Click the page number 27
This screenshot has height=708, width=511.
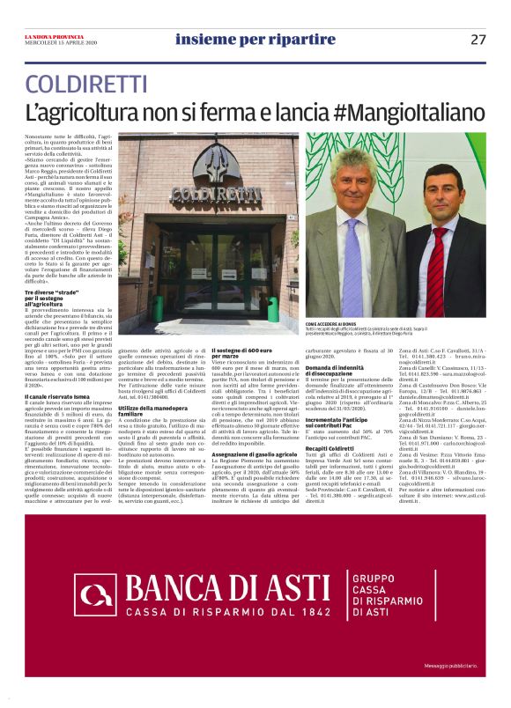click(x=478, y=39)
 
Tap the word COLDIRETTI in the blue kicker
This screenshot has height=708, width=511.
click(x=85, y=85)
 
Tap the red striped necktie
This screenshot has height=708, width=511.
click(x=437, y=269)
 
